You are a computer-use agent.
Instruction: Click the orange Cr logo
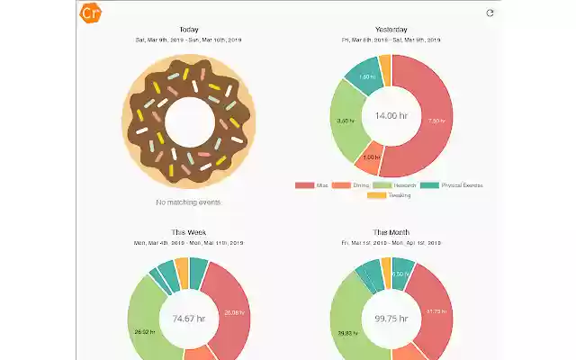[90, 13]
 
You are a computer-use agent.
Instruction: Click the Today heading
[189, 30]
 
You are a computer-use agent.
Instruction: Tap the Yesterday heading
[391, 30]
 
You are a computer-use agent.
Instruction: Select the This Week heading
[189, 232]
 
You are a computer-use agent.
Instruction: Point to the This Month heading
[391, 232]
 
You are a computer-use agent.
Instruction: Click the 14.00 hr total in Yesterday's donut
[391, 115]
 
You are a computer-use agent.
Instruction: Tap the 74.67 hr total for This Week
[189, 318]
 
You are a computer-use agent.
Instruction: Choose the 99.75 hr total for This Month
[391, 318]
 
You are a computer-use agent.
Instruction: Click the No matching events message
[189, 202]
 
